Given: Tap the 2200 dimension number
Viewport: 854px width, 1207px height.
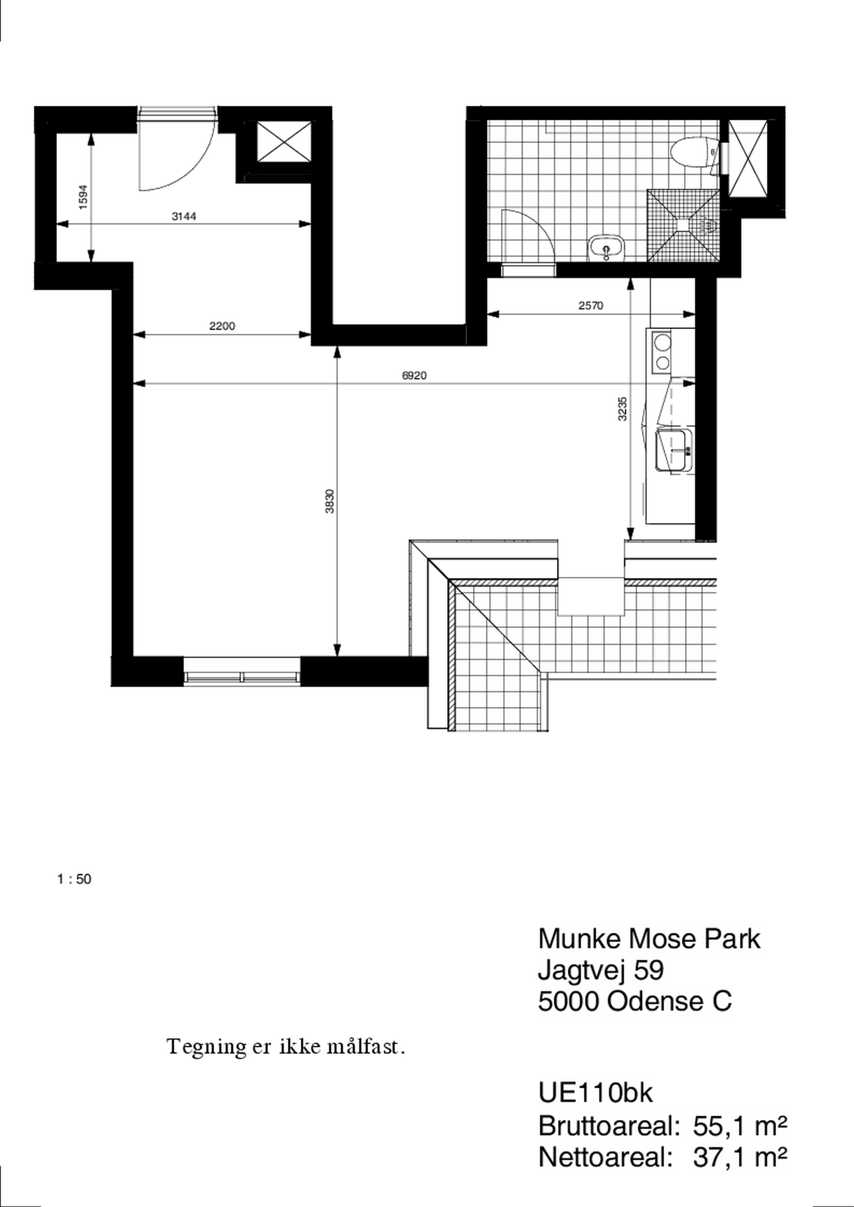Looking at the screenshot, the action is pos(222,326).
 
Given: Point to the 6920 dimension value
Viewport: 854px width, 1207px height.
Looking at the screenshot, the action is pos(415,375).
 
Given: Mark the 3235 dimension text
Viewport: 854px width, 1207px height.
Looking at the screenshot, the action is pos(623,409).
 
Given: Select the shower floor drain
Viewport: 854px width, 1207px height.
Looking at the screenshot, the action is pos(682,225).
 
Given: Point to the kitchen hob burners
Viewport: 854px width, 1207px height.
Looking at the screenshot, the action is pos(662,352).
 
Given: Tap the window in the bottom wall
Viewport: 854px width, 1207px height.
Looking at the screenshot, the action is pos(242,671).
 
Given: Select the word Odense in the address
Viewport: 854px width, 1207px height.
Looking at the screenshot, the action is pos(655,1001).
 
